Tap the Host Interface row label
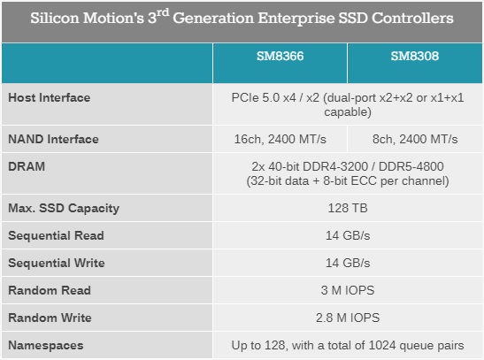[49, 97]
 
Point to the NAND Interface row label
[52, 139]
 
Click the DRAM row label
[26, 165]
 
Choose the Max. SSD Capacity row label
[63, 209]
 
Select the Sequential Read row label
[56, 235]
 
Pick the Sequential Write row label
[56, 263]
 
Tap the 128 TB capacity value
[347, 209]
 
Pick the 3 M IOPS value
[347, 290]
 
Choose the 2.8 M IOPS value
[347, 318]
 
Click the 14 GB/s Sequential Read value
[347, 235]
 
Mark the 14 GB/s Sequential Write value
[347, 263]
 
